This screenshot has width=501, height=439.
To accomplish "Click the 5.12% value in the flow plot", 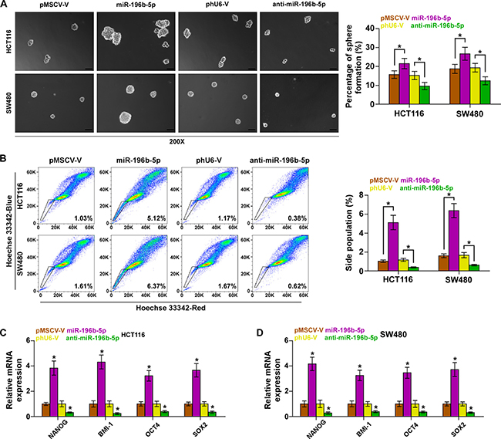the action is (x=156, y=218).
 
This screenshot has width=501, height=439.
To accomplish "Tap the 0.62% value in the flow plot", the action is (x=298, y=286).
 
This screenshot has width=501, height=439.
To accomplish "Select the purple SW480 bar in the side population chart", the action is (x=454, y=241).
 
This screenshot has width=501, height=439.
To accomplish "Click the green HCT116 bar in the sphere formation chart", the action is (x=425, y=95).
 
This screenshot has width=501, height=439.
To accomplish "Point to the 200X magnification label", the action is (x=177, y=141).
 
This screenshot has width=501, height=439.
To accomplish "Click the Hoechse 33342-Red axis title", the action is (x=170, y=308).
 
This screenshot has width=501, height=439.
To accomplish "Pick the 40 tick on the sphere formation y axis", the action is (x=370, y=29).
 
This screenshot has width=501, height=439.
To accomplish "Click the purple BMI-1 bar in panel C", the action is (x=101, y=389).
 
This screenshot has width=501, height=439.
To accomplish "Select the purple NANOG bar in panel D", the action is (x=312, y=390).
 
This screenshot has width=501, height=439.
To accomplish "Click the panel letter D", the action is (x=260, y=333).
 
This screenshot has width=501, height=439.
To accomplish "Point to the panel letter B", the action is (x=3, y=159).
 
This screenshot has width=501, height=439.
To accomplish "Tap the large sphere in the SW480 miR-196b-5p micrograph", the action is (x=125, y=117).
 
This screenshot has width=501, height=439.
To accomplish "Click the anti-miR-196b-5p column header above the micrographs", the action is (x=299, y=5).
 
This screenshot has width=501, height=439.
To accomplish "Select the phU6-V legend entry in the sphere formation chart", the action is (x=392, y=25).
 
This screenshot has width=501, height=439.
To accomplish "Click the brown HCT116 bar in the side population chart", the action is (x=383, y=266).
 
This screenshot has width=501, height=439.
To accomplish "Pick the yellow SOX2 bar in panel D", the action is (x=462, y=410).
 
